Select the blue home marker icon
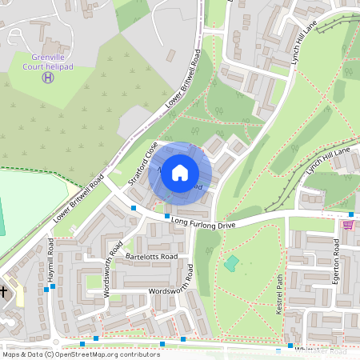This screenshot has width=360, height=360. [x=180, y=173]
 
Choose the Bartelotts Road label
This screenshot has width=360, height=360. [x=150, y=257]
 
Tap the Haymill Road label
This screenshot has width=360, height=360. [x=50, y=262]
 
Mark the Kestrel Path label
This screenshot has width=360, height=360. [x=281, y=295]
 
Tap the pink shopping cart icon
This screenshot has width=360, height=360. [x=347, y=225]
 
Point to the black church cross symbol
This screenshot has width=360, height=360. [x=4, y=292]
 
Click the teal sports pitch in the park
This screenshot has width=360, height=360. [x=231, y=262]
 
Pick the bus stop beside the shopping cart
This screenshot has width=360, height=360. [x=351, y=214]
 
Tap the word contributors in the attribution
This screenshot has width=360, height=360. [x=138, y=354]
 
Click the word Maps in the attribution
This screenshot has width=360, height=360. [x=11, y=354]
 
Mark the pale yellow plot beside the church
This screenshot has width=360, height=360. [x=17, y=295]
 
